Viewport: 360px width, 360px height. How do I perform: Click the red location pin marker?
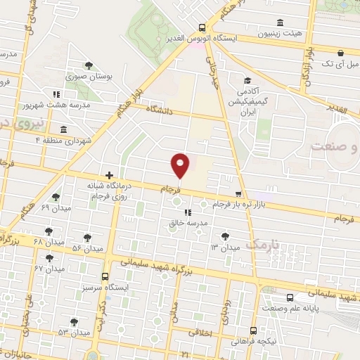click(x=180, y=165)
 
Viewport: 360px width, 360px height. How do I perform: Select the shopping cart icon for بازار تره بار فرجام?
click(x=238, y=195)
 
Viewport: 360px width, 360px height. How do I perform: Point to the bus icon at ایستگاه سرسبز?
click(x=105, y=276)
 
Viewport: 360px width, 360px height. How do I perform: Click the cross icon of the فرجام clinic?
click(x=109, y=174)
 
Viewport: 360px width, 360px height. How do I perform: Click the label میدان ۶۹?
click(x=56, y=209)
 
